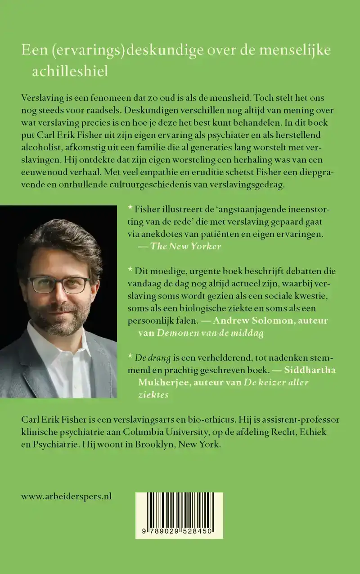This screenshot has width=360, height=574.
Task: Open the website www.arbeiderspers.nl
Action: click(66, 497)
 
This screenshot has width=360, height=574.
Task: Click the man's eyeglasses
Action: click(58, 285)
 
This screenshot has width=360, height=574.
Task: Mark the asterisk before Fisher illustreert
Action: click(130, 208)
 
